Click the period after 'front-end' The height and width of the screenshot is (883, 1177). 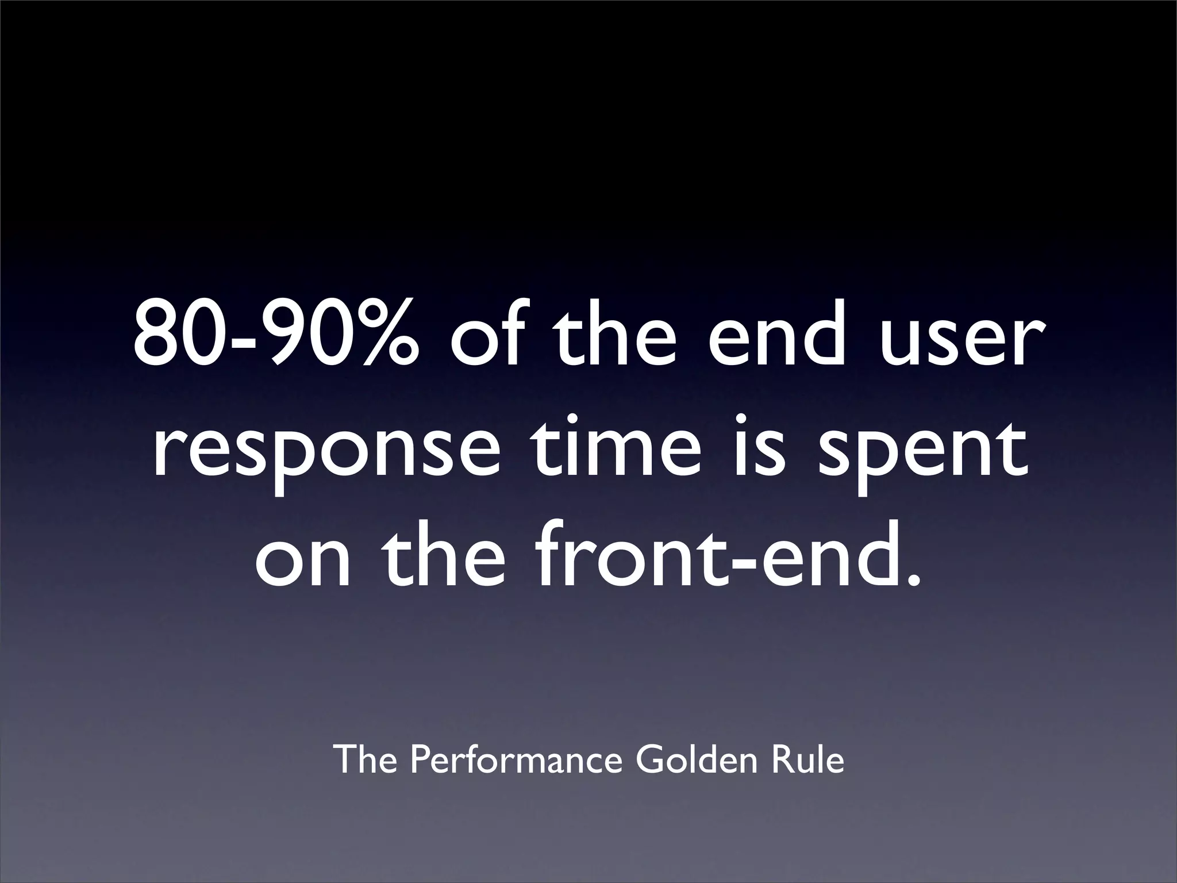[x=911, y=581]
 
